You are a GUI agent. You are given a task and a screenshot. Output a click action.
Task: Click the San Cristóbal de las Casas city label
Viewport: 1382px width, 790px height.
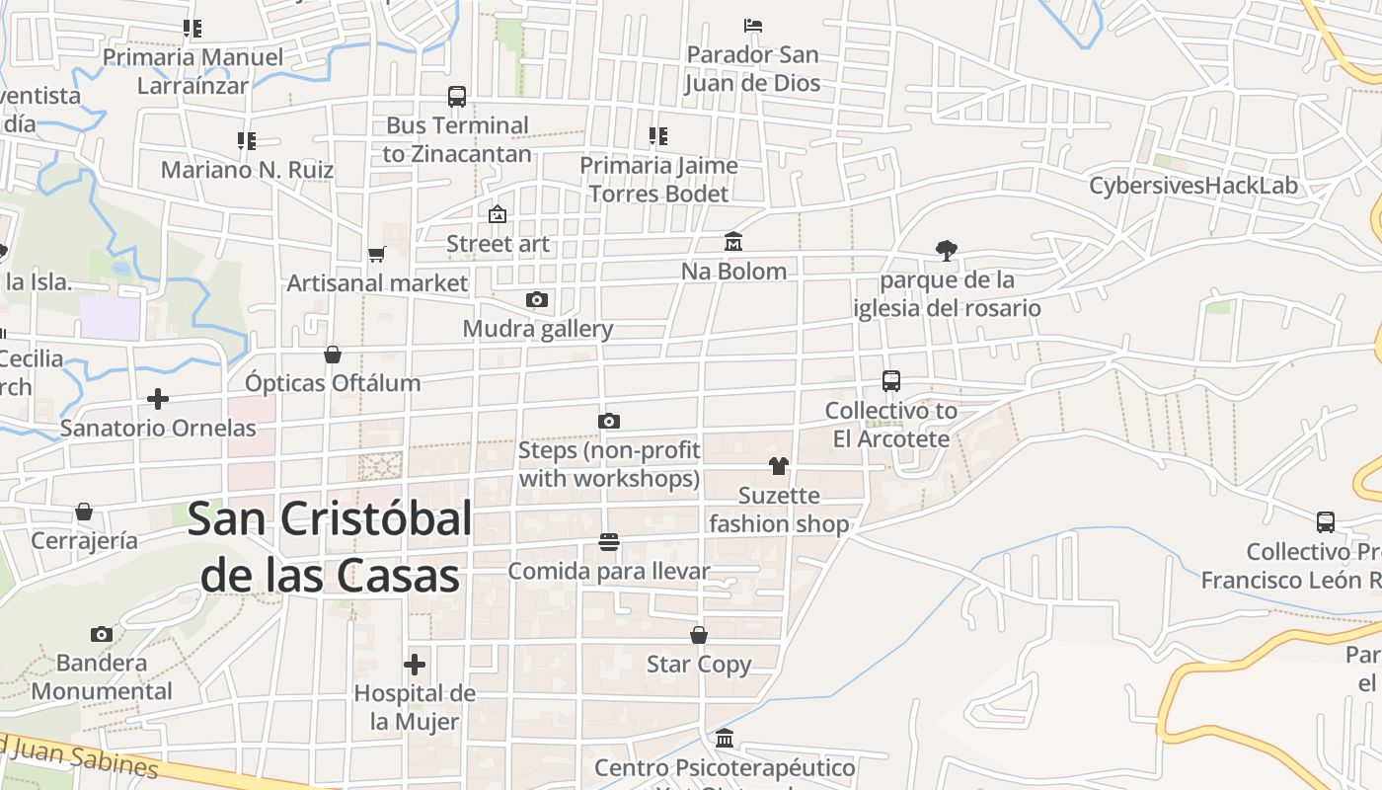tap(330, 546)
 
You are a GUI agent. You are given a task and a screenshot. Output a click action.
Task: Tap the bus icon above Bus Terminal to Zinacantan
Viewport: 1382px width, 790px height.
tap(456, 97)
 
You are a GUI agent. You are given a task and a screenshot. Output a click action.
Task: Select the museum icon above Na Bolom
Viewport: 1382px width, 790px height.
tap(733, 242)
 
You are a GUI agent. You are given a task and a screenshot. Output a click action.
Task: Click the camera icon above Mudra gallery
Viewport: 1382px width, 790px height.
tap(537, 300)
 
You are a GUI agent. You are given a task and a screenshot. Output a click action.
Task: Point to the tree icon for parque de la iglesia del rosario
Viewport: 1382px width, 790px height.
tap(947, 251)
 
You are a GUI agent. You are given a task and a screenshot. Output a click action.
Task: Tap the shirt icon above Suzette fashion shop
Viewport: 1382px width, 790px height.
tap(779, 466)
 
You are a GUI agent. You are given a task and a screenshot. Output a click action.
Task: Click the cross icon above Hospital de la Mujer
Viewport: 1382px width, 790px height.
tap(415, 665)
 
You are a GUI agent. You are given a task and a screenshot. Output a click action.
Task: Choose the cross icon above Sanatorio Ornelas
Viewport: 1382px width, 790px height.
tap(158, 399)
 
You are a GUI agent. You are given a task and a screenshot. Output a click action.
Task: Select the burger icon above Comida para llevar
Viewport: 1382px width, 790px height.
tap(609, 542)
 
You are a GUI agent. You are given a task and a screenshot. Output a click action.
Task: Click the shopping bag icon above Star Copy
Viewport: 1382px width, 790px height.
tap(699, 635)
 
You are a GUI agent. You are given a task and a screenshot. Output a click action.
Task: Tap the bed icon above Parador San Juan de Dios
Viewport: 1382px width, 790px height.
tap(753, 26)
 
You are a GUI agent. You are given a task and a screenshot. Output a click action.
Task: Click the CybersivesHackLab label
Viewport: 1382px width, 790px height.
tap(1192, 186)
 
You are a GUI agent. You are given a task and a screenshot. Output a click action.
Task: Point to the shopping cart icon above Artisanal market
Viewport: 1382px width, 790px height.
tap(376, 255)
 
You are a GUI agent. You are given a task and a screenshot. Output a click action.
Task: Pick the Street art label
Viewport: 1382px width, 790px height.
tap(498, 244)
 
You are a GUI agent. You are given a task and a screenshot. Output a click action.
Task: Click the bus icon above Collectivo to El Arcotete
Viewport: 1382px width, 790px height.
tap(891, 381)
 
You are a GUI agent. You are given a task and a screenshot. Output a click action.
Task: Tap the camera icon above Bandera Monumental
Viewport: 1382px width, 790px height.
tap(101, 634)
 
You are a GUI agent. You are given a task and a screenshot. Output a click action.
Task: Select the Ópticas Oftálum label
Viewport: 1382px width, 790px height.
tap(333, 383)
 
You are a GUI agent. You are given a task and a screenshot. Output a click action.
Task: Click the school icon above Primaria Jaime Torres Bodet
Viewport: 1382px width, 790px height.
tap(658, 135)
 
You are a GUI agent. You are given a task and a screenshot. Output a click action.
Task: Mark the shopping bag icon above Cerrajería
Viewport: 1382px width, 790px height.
tap(84, 512)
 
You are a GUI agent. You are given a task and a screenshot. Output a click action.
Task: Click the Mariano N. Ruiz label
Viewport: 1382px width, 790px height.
tap(247, 170)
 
